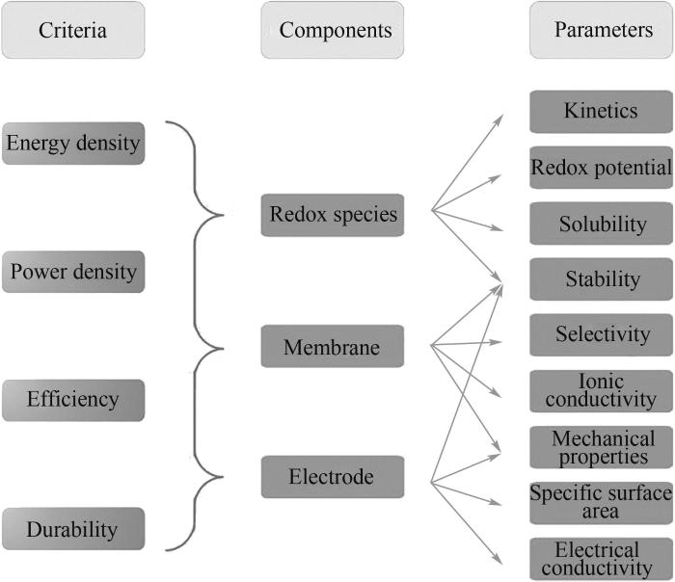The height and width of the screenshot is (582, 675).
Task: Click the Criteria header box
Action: point(73,30)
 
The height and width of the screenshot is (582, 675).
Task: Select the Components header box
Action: point(332,30)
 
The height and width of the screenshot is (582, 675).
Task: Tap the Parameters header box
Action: point(601,30)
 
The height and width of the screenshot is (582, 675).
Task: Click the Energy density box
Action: point(73,144)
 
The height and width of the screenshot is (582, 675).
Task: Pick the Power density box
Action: point(73,272)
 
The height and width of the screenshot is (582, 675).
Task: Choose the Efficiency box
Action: point(73,400)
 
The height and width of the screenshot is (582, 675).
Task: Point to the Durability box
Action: point(73,529)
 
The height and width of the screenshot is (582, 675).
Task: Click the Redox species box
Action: point(332,214)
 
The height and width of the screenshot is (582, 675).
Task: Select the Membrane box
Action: point(332,346)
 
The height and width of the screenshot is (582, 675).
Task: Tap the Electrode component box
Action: point(332,477)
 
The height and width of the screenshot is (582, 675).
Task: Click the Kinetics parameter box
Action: point(601,111)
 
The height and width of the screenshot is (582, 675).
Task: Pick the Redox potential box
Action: point(601,168)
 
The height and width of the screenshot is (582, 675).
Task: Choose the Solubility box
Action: point(601,224)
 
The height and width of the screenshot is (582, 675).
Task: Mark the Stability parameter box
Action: point(601,279)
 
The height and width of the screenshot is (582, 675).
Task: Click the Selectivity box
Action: point(601,334)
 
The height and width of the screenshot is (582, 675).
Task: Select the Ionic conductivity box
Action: point(601,390)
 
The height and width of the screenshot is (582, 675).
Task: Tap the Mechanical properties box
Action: point(601,447)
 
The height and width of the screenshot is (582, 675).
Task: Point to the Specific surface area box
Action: point(601,502)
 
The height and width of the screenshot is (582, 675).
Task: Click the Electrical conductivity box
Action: point(601,558)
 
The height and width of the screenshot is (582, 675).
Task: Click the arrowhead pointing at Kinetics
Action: point(499,119)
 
